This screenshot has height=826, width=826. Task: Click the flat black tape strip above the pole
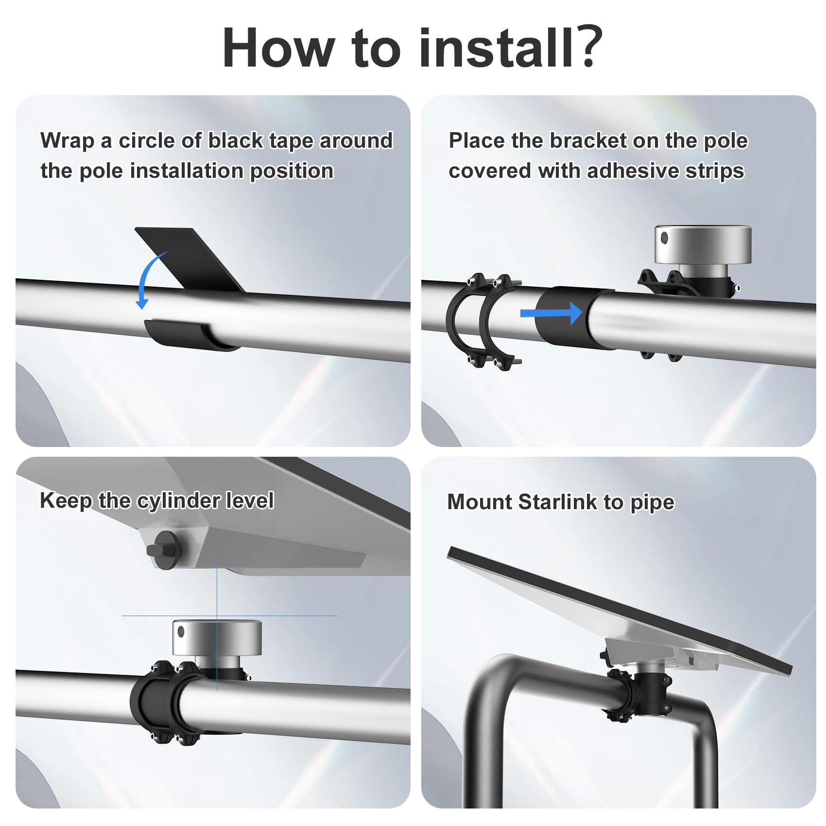[x=189, y=258]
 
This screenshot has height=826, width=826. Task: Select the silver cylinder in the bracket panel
[x=703, y=245]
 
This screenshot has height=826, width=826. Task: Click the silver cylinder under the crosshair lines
[x=217, y=637]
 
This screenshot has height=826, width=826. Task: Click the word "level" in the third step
[x=253, y=500]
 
